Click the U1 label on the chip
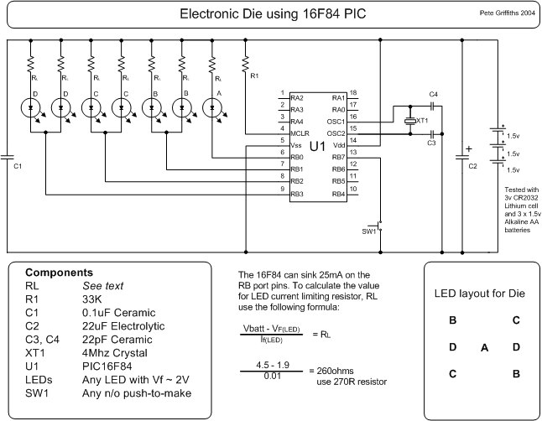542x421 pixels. pyautogui.click(x=317, y=147)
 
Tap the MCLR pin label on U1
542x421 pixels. pyautogui.click(x=297, y=133)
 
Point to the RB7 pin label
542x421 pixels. pyautogui.click(x=338, y=157)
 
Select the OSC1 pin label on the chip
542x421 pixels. pyautogui.click(x=336, y=121)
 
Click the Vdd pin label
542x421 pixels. pyautogui.click(x=339, y=145)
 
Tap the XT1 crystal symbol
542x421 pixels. pyautogui.click(x=409, y=122)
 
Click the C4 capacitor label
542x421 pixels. pyautogui.click(x=432, y=93)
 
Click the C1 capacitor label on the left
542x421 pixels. pyautogui.click(x=18, y=166)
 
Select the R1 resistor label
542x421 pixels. pyautogui.click(x=254, y=76)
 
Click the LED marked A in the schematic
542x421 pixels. pyautogui.click(x=213, y=107)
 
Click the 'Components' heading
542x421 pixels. pyautogui.click(x=59, y=273)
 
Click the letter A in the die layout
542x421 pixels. pyautogui.click(x=484, y=347)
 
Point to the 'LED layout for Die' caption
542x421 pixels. pyautogui.click(x=482, y=294)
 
